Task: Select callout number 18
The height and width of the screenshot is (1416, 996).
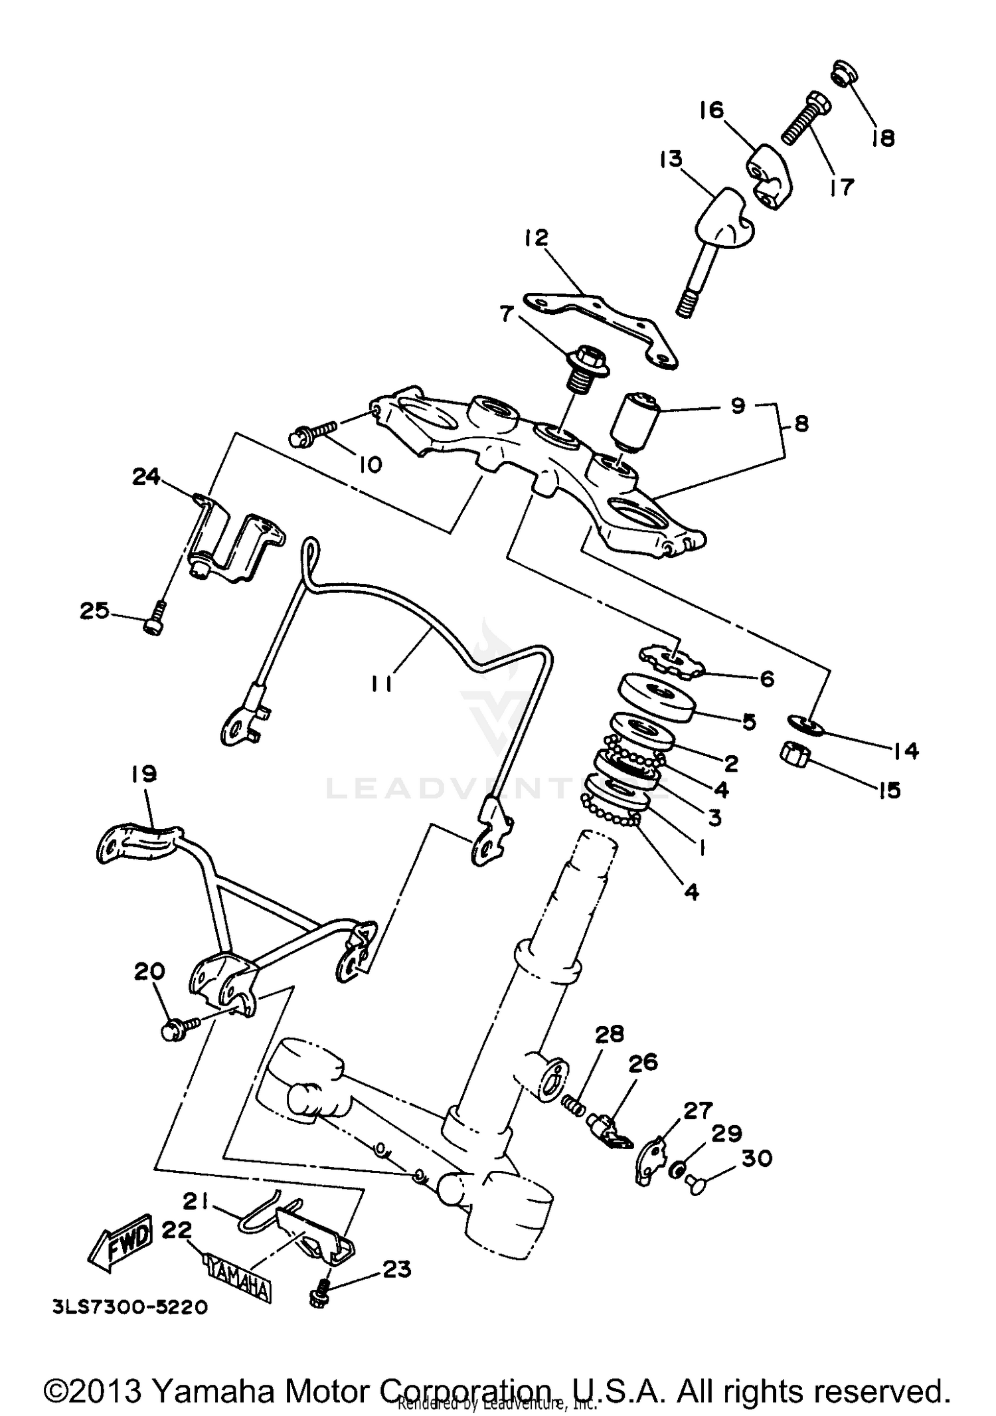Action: click(883, 137)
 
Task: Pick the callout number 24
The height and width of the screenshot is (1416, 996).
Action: click(146, 476)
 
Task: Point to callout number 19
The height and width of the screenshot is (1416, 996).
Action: click(145, 774)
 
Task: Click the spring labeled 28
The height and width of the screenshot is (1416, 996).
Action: click(574, 1105)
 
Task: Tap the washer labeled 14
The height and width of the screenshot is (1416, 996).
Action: click(805, 724)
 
